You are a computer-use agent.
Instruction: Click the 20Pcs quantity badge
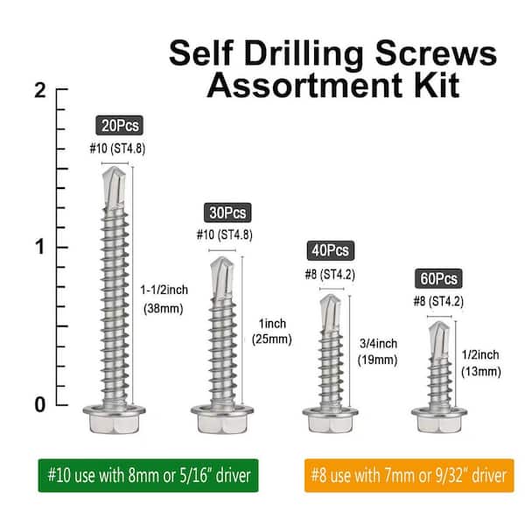(x=120, y=125)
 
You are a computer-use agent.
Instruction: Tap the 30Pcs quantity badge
(x=227, y=213)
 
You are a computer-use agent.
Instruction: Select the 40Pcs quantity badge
(x=331, y=250)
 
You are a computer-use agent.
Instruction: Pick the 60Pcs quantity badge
(x=438, y=278)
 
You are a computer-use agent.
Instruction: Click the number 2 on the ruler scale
(x=40, y=90)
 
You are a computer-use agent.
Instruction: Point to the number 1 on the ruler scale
(x=40, y=247)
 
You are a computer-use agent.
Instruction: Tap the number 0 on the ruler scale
(x=40, y=404)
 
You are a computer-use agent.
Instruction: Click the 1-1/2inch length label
(x=164, y=290)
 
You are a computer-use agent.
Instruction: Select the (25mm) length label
(x=272, y=339)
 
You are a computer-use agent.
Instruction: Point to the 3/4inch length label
(x=378, y=344)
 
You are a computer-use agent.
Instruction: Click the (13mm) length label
(x=481, y=372)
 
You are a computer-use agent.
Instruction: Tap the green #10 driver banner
(x=149, y=475)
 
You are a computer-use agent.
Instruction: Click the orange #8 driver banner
(x=409, y=475)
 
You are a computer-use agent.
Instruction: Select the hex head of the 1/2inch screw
(x=439, y=421)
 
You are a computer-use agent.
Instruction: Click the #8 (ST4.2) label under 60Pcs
(x=438, y=301)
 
